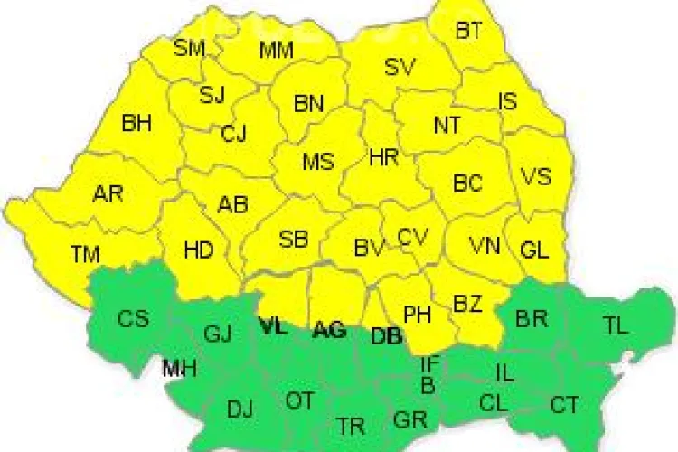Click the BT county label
[468, 31]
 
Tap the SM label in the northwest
[190, 48]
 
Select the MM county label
[276, 50]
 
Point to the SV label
[400, 66]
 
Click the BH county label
[137, 123]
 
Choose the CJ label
[234, 135]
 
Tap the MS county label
[317, 163]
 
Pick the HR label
[384, 157]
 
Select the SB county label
[294, 240]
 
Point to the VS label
[536, 176]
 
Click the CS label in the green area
[134, 318]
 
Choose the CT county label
[565, 406]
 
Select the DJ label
[240, 410]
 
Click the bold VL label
[273, 327]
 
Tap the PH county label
[417, 315]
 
